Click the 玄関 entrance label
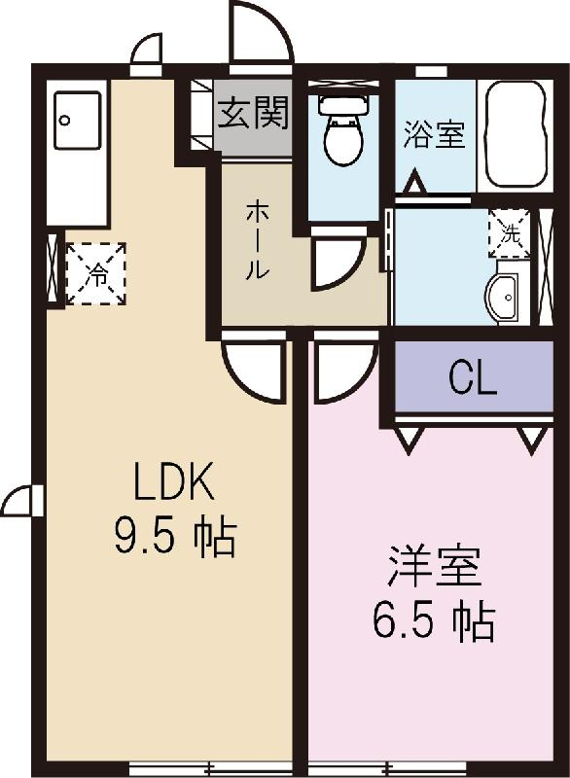tap(253, 115)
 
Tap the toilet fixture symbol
tap(341, 132)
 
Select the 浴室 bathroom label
tap(434, 134)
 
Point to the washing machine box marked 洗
tap(509, 232)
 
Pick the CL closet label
tap(473, 378)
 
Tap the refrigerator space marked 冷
tap(96, 273)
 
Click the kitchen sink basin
tap(77, 121)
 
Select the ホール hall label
tap(256, 238)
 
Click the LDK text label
tap(173, 481)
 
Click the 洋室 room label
tap(434, 568)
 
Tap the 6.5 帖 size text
tap(434, 620)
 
